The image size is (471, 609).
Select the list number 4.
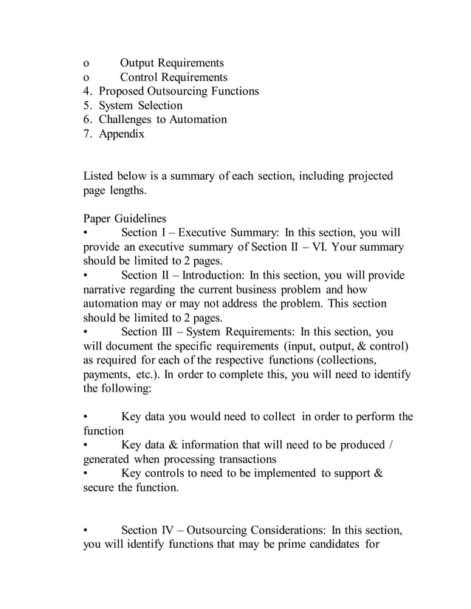[86, 91]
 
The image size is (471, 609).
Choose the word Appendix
[122, 133]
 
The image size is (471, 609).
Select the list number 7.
[86, 133]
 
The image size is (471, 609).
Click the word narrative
[107, 290]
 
